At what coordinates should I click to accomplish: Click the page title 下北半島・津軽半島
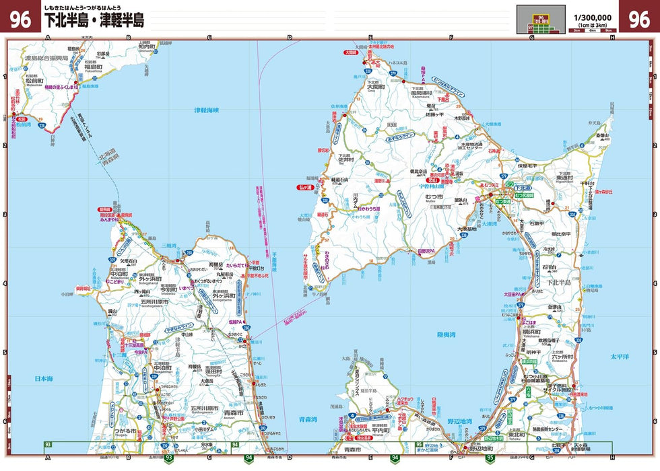94,21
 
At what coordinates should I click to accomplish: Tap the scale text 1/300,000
592,17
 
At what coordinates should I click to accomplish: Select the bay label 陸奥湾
447,334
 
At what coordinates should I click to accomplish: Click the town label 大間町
376,87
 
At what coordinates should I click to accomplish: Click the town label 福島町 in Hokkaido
94,68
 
